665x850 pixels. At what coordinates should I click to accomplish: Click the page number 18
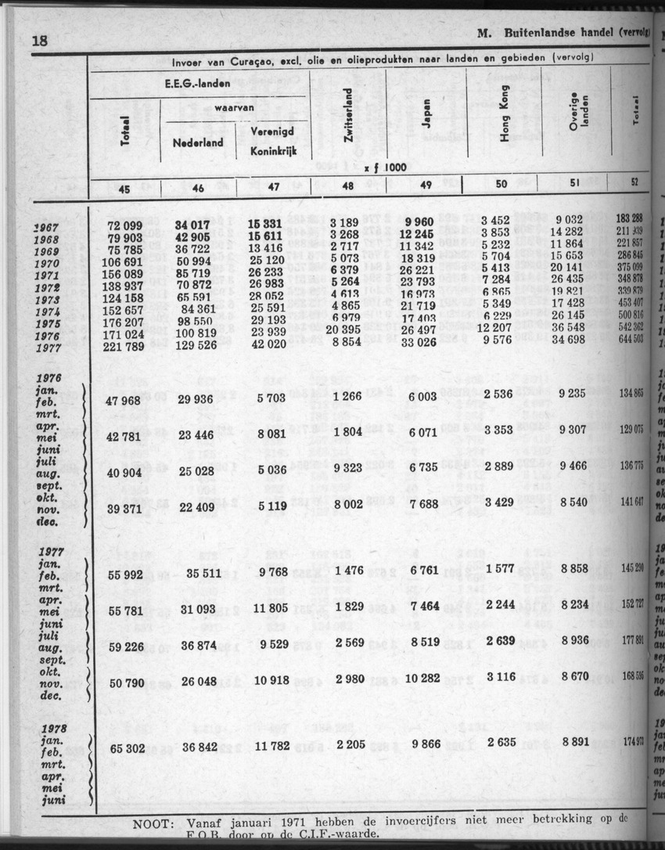[x=40, y=41]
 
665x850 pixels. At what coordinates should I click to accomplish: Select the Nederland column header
[x=197, y=142]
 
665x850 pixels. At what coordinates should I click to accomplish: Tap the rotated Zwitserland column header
[x=349, y=113]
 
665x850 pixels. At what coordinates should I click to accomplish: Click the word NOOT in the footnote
[x=156, y=823]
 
